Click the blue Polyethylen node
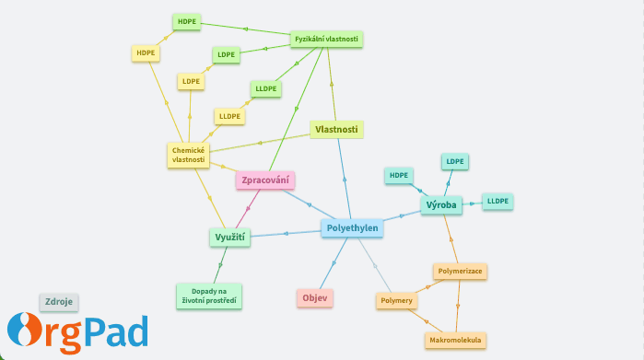pos(352,229)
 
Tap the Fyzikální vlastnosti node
pos(326,40)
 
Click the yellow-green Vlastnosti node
pos(336,130)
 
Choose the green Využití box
pos(228,238)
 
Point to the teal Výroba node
pos(440,205)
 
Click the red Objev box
pos(315,298)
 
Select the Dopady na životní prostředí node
pos(208,296)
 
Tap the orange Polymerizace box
pos(460,272)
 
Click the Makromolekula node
pos(456,341)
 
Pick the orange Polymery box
pos(396,301)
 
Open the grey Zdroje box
pos(59,301)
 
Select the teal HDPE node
pos(398,175)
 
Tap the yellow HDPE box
pos(146,53)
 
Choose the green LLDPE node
pos(266,89)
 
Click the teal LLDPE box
pos(498,201)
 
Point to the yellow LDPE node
pos(191,82)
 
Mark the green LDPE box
pos(226,55)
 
